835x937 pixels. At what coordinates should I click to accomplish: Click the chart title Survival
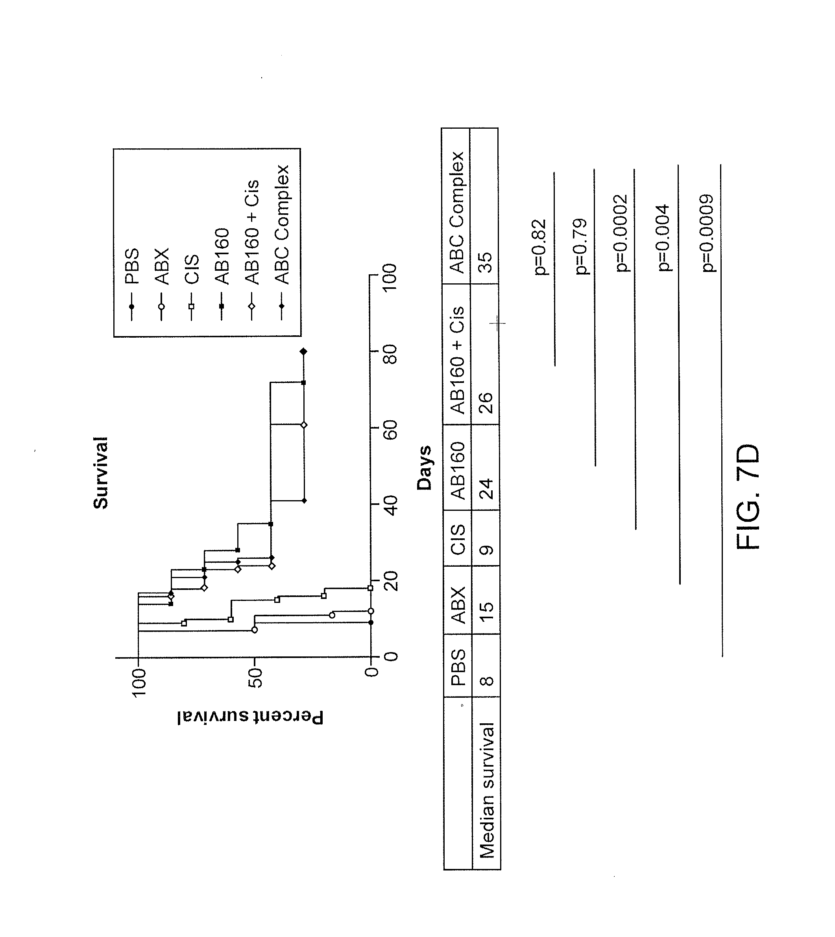pyautogui.click(x=100, y=472)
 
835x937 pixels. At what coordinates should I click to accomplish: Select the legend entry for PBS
pyautogui.click(x=132, y=266)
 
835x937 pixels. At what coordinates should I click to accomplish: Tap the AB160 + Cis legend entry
pyautogui.click(x=251, y=232)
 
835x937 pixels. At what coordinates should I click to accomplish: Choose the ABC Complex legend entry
pyautogui.click(x=282, y=224)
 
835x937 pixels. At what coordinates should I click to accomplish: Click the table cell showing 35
pyautogui.click(x=485, y=262)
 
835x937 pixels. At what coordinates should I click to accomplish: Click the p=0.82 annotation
pyautogui.click(x=540, y=247)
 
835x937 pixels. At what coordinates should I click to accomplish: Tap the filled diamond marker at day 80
pyautogui.click(x=303, y=352)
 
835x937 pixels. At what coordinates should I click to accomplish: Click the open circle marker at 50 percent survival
pyautogui.click(x=255, y=630)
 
